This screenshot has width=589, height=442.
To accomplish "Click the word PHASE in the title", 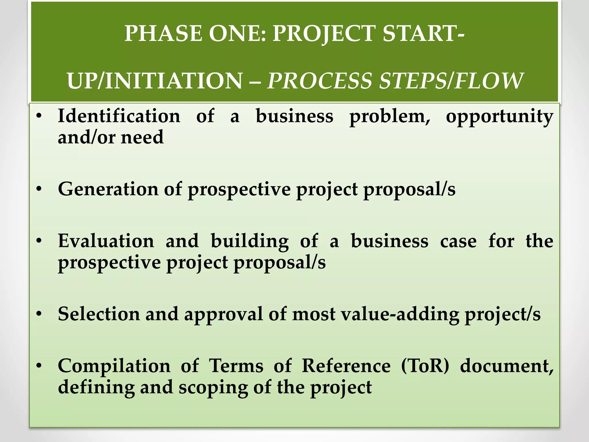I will (163, 34).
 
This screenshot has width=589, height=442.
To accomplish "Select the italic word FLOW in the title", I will (489, 81).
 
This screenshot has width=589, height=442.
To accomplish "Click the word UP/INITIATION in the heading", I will (155, 81).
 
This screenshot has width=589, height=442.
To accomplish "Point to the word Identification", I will (119, 116).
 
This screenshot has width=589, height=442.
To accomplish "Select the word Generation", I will (108, 189).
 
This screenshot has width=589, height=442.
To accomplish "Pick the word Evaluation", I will (106, 241).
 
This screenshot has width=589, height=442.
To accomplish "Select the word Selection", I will (99, 314).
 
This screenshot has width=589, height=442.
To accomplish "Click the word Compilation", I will (114, 366).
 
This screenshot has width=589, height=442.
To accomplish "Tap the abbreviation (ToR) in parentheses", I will (425, 366).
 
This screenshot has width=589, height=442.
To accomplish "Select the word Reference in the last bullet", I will (346, 366).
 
